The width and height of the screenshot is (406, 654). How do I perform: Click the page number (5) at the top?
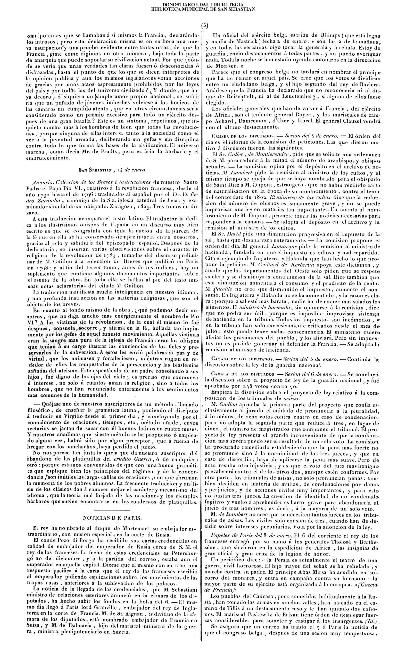pos(204,26)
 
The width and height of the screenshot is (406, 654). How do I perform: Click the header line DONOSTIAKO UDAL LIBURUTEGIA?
pos(203,5)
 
